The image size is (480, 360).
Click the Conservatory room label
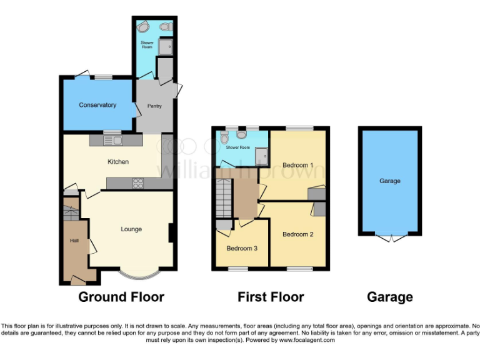coord(97,105)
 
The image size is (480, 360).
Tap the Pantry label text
coord(154,106)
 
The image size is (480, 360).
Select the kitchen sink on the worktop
coord(117,141)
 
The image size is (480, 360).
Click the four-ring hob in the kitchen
coord(138,183)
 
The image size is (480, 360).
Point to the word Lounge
coord(131,229)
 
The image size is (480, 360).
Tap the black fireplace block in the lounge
coord(171,232)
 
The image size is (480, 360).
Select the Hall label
coord(74,241)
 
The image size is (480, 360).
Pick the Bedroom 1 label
coord(297,165)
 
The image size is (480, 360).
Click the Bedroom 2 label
coord(297,234)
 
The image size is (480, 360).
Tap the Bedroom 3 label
coord(242,248)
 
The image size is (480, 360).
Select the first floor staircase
coord(224,196)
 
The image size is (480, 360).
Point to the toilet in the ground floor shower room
coord(165,27)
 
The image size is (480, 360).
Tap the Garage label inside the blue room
coord(389,181)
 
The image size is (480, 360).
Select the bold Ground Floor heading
coord(121,297)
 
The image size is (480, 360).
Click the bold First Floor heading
coord(271,297)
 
